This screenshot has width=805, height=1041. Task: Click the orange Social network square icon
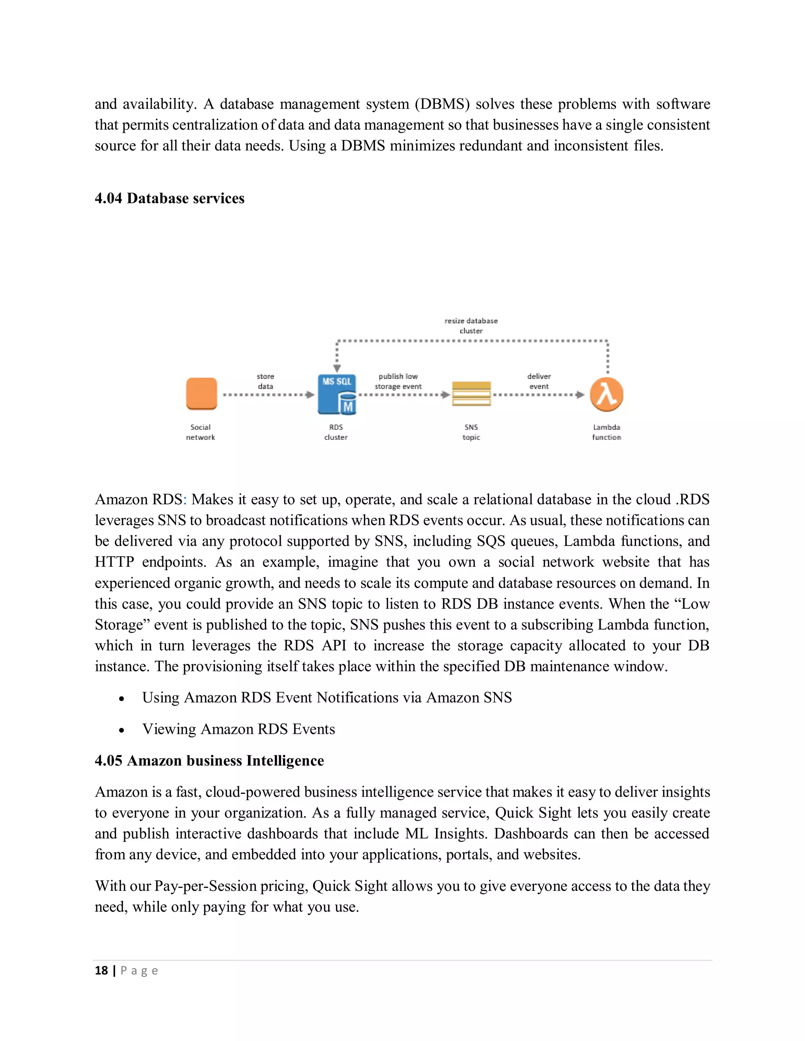pyautogui.click(x=201, y=394)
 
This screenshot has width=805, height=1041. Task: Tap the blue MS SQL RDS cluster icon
pyautogui.click(x=337, y=394)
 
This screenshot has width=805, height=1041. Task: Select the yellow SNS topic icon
pyautogui.click(x=471, y=394)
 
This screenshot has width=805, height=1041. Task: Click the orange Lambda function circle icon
pyautogui.click(x=606, y=394)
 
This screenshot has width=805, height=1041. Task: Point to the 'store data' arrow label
pyautogui.click(x=266, y=381)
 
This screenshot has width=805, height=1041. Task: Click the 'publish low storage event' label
pyautogui.click(x=398, y=381)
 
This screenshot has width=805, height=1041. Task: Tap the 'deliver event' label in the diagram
pyautogui.click(x=539, y=381)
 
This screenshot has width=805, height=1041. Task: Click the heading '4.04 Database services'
pyautogui.click(x=169, y=198)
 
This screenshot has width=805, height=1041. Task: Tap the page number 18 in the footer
pyautogui.click(x=101, y=970)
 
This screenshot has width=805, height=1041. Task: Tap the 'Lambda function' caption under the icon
pyautogui.click(x=606, y=433)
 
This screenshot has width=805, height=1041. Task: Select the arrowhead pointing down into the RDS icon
pyautogui.click(x=337, y=368)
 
